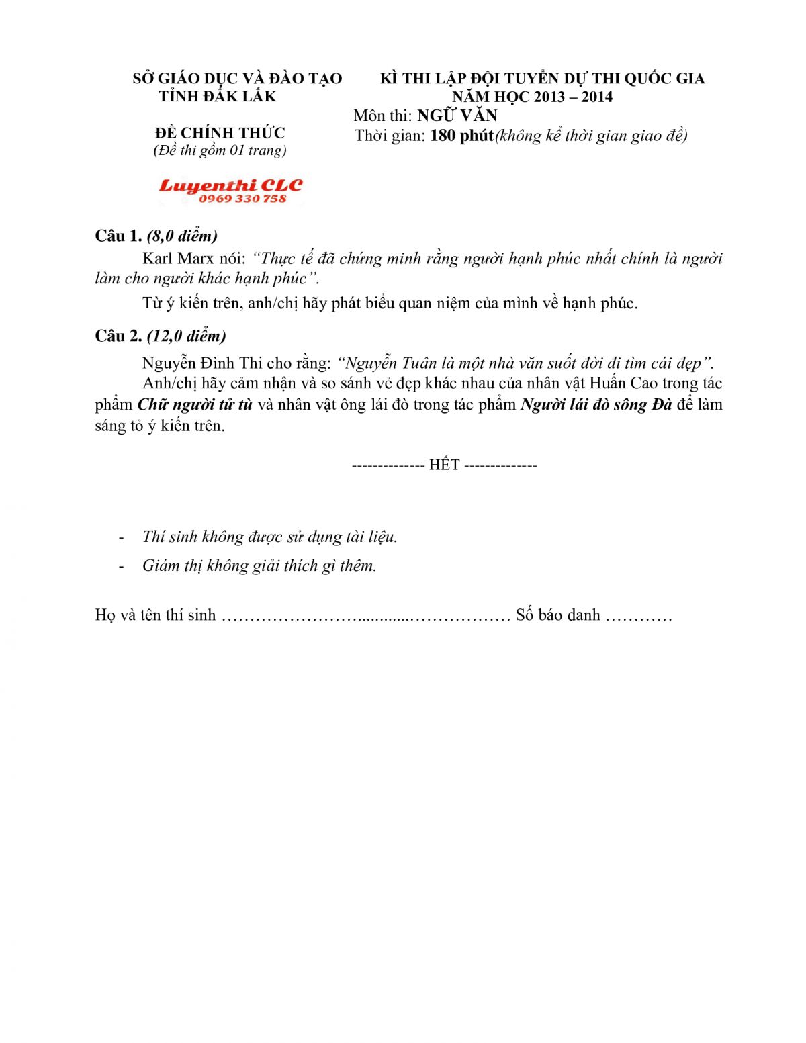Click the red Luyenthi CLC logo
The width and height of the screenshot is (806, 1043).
(x=230, y=185)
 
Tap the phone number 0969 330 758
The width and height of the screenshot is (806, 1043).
(x=242, y=199)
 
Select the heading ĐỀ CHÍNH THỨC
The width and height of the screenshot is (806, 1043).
(x=220, y=132)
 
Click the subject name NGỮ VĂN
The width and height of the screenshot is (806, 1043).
(x=457, y=116)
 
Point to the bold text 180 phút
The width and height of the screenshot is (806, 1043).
(x=461, y=136)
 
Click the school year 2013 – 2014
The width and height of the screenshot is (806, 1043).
(x=574, y=97)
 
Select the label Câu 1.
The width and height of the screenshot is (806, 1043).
(x=118, y=236)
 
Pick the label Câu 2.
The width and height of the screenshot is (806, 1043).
(x=118, y=336)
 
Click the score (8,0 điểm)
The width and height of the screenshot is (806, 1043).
(x=182, y=236)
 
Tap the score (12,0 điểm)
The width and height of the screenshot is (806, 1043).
(x=187, y=336)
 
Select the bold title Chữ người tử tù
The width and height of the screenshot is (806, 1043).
(x=195, y=405)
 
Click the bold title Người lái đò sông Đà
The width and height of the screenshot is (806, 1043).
(x=596, y=405)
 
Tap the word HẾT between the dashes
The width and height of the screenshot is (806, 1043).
(x=444, y=465)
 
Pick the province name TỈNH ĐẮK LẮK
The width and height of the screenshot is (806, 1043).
(x=218, y=97)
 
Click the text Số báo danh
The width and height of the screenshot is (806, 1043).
(x=557, y=615)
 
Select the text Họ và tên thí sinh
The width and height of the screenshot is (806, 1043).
(x=155, y=615)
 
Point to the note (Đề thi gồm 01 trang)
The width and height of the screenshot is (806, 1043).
(x=220, y=150)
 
